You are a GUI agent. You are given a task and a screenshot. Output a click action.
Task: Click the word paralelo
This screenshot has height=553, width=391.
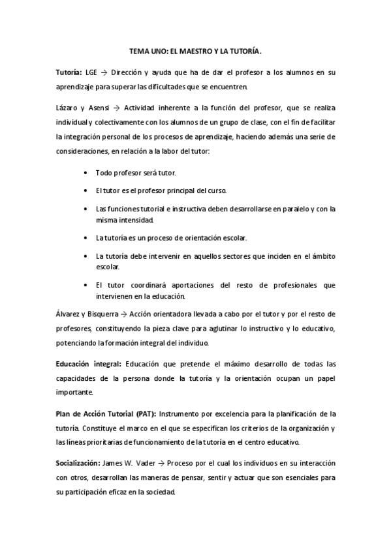[294, 209]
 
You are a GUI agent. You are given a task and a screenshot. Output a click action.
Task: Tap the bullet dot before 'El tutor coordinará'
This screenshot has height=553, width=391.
[87, 286]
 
